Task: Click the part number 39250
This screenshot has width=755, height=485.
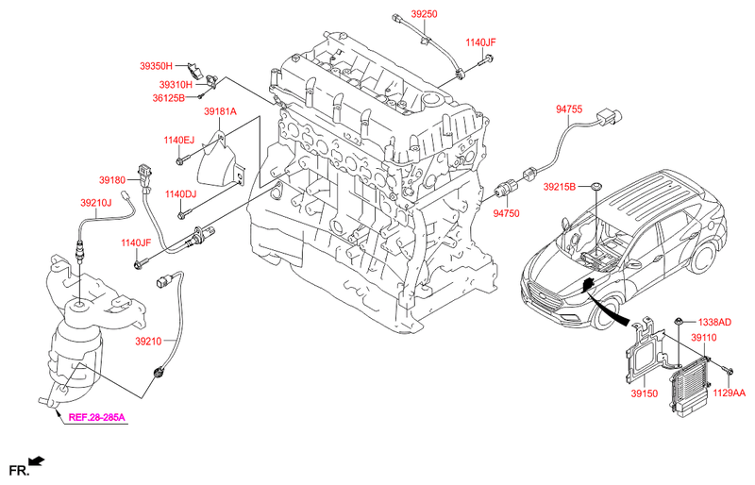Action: [411, 16]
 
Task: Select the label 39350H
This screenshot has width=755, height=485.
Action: [156, 66]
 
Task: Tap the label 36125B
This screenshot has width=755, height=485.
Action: [170, 97]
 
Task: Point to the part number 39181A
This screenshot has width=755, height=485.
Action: [220, 112]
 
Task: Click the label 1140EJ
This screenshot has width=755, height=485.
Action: [178, 141]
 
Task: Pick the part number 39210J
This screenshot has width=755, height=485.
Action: [95, 202]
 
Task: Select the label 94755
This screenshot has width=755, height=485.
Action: [569, 109]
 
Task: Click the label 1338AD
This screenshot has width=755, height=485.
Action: [713, 322]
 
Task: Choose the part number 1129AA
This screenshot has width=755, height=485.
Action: [728, 393]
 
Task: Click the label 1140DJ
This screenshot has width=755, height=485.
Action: [180, 194]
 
